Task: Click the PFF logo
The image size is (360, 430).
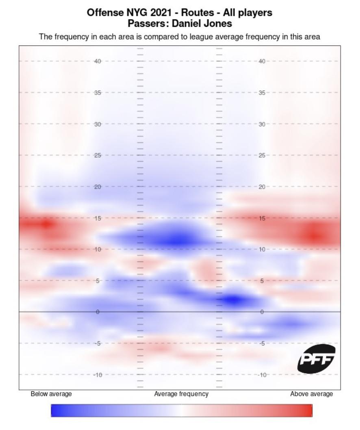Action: tap(317, 359)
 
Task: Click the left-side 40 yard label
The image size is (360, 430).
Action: tap(98, 61)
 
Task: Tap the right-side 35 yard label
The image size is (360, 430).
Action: tap(262, 93)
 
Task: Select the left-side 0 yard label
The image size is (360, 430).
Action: tap(98, 312)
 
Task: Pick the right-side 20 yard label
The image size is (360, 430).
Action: tap(262, 187)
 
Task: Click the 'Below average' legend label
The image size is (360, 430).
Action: tap(51, 394)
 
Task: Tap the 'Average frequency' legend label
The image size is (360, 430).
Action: tap(181, 394)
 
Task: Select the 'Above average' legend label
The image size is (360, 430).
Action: tap(311, 394)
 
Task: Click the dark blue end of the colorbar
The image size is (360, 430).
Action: tap(54, 410)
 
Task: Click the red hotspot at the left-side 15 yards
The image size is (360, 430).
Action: tap(46, 224)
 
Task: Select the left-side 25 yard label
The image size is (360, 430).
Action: tap(98, 156)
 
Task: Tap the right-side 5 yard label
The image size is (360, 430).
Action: tap(262, 281)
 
